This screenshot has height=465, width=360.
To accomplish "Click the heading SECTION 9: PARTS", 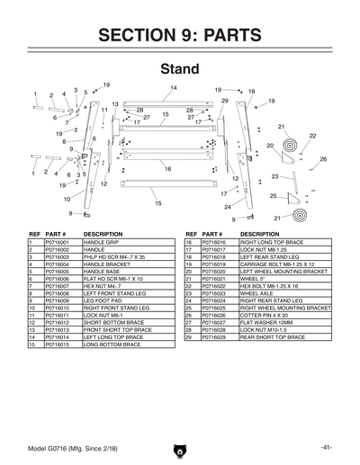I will pyautogui.click(x=180, y=35).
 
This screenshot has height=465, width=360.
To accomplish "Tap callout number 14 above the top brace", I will pyautogui.click(x=174, y=87).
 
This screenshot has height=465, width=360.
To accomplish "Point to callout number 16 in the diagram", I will pyautogui.click(x=167, y=168).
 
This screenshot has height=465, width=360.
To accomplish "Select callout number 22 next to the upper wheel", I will pyautogui.click(x=312, y=136).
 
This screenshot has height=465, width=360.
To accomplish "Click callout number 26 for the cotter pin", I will pyautogui.click(x=323, y=159).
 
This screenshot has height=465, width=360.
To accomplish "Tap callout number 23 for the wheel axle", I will pyautogui.click(x=274, y=176).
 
